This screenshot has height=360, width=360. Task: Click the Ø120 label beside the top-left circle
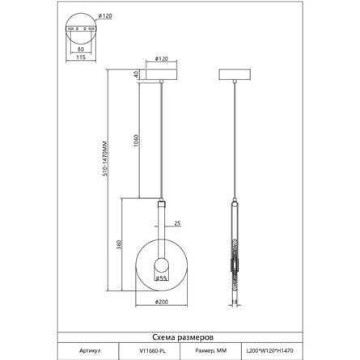[105, 16]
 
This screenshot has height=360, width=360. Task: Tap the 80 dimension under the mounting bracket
[81, 49]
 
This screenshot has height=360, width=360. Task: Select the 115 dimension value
[81, 57]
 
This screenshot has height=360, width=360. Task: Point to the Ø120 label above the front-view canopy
[162, 58]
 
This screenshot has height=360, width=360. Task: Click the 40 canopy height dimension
[137, 74]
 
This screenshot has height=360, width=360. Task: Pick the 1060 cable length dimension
[137, 140]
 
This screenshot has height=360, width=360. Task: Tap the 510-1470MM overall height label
[105, 159]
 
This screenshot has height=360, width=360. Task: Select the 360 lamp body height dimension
[119, 244]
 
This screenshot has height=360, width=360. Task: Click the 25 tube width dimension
[177, 223]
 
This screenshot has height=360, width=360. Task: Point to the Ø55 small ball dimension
[161, 278]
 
